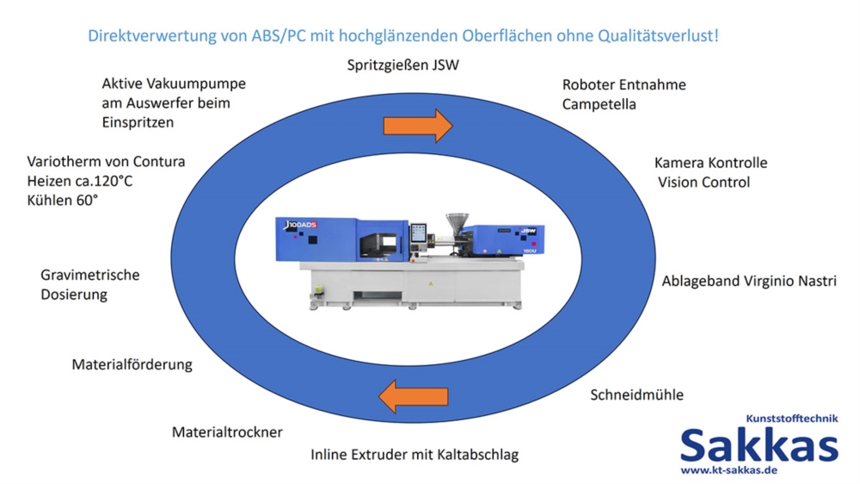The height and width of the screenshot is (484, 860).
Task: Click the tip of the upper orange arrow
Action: (452, 126)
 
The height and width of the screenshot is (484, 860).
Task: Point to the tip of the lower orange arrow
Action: (378, 396)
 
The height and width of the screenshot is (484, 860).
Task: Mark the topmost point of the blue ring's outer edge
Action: (413, 92)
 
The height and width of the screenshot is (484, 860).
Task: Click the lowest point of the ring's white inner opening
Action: (408, 365)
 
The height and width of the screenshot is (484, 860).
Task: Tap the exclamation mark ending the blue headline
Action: (716, 35)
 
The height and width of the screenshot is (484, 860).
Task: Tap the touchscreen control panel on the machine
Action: (418, 233)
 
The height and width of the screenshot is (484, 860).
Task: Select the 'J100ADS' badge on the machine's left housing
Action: (300, 225)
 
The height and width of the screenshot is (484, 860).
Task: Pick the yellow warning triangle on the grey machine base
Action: (431, 284)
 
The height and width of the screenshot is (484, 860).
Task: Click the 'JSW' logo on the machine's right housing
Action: (528, 232)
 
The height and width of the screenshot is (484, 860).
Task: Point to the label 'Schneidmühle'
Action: (636, 395)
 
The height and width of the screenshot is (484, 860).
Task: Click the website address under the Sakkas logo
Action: (729, 470)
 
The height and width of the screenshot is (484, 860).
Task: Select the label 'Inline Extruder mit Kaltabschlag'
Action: (415, 455)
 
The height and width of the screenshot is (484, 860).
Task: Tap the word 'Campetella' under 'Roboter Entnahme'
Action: (599, 104)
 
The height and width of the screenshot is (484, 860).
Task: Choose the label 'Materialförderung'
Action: (132, 365)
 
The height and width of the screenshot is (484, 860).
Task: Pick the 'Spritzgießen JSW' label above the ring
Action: (403, 65)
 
